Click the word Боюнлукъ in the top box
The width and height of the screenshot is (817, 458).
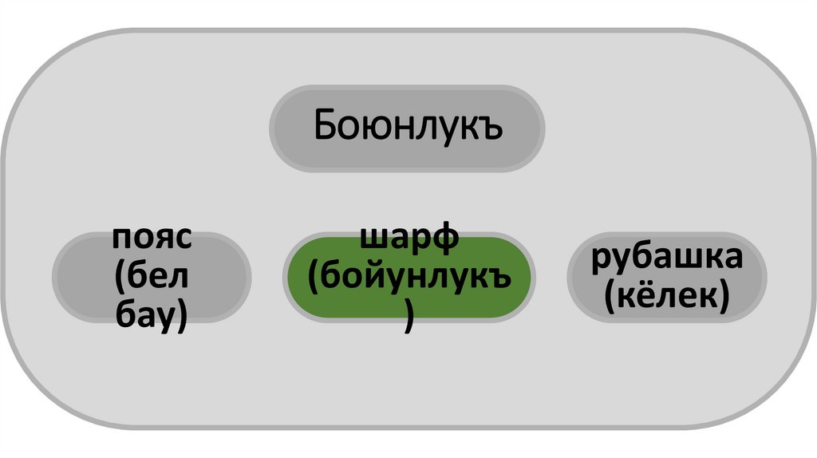point(408,126)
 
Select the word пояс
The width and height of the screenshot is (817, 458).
point(152,238)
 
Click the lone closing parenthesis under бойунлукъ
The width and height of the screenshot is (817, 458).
point(408,318)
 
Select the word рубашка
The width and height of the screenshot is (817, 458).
point(667,258)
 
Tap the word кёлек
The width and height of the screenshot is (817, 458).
point(667,297)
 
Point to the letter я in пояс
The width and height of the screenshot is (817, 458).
point(164,239)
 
